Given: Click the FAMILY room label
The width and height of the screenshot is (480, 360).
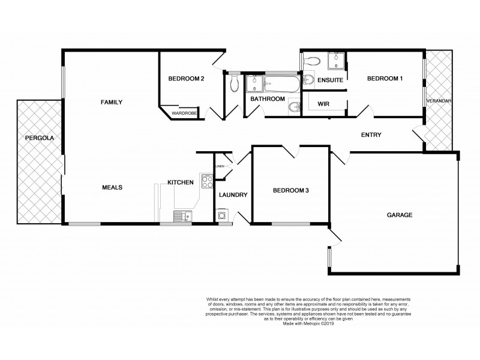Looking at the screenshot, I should click(x=111, y=103).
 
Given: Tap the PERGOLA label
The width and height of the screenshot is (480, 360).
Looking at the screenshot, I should click(x=39, y=138).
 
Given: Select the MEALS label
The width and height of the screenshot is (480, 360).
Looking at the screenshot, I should click(x=112, y=187).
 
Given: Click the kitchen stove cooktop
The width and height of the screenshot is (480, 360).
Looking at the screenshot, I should click(x=207, y=180).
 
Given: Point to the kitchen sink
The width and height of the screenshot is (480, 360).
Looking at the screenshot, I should click(x=181, y=216).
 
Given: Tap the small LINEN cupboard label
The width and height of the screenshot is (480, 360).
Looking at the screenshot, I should click(x=220, y=166).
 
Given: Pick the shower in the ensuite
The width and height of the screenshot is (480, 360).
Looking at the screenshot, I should click(x=334, y=61).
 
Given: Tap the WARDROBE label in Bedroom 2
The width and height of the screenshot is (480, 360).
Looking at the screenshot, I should click(x=182, y=112).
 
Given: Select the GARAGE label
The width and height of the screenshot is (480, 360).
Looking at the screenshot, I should click(x=399, y=214).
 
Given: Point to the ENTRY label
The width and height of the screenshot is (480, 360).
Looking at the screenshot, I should click(x=371, y=134).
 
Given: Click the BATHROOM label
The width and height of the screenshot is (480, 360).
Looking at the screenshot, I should click(x=268, y=99).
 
